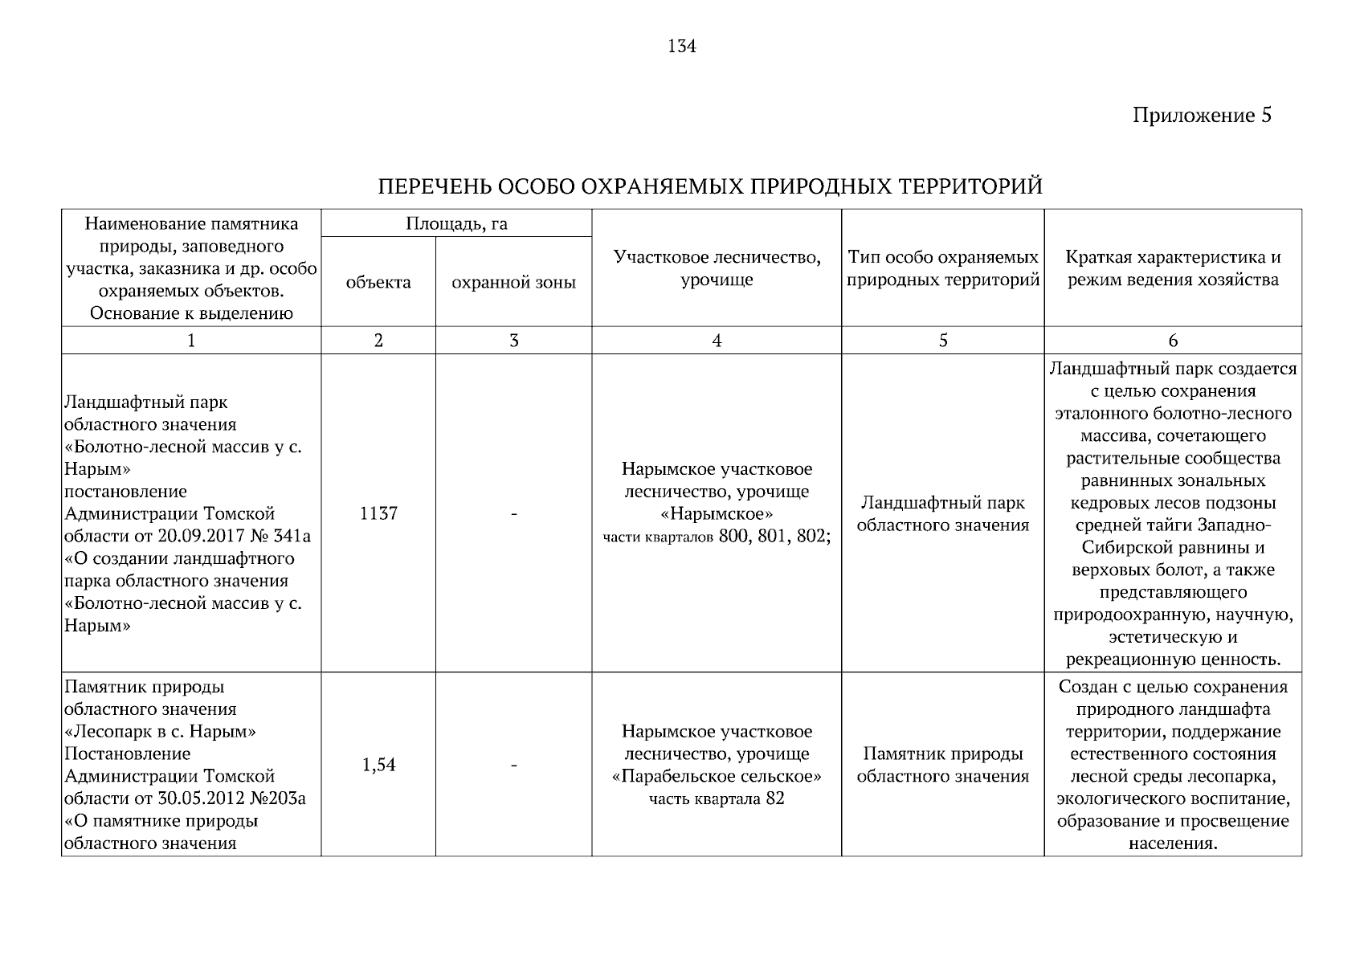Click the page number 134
681,47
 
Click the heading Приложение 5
1202,116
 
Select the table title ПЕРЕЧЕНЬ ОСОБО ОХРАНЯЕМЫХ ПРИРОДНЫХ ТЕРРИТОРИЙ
710,187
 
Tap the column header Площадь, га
456,223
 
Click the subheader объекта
378,282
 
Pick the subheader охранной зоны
513,282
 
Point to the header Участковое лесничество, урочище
717,268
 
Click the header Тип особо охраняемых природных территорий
943,268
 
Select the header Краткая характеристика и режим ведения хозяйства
1173,268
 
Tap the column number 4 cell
717,341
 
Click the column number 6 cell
1173,341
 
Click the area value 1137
378,513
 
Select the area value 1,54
378,765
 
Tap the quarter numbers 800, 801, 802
774,537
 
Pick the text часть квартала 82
717,799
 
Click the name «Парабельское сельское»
717,777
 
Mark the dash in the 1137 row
513,513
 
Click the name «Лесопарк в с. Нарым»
160,732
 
